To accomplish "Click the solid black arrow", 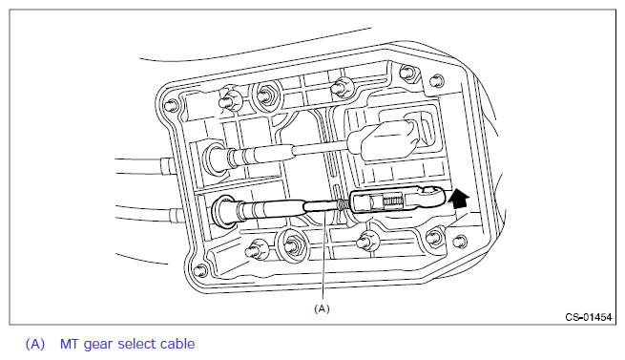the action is point(459,199).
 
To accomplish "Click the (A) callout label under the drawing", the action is point(323,308).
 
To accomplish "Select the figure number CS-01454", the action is point(589,317).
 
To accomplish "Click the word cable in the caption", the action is point(177,344).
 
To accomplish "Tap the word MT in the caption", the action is point(70,344).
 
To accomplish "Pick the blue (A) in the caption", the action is point(35,344).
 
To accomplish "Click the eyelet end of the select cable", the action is point(429,195).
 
